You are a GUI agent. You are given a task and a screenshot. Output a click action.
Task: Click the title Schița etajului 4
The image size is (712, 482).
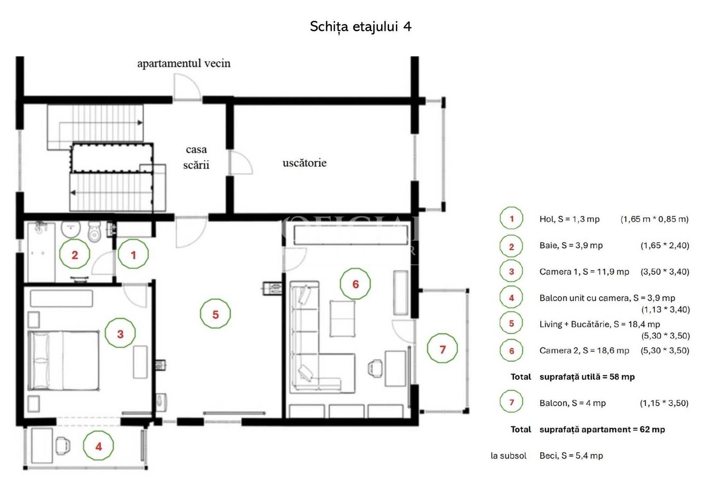(x=360, y=26)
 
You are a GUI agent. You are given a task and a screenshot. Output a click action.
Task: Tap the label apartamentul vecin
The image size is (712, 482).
(x=184, y=63)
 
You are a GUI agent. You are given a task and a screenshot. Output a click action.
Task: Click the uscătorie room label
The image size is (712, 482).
(x=304, y=163)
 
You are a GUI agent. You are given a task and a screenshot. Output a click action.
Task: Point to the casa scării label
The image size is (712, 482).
(x=196, y=157)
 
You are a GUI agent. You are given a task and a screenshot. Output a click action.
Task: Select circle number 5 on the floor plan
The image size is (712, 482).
(x=215, y=314)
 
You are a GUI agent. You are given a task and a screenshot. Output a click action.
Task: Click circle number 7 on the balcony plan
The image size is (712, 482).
(x=442, y=349)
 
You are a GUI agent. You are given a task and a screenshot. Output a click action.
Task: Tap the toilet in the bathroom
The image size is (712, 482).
(x=94, y=232)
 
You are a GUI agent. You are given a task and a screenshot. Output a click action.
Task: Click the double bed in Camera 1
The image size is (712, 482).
(x=63, y=361)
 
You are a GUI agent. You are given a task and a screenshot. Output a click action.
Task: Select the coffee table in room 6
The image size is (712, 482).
(x=343, y=318)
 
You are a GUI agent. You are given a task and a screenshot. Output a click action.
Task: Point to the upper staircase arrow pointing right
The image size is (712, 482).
(x=140, y=122)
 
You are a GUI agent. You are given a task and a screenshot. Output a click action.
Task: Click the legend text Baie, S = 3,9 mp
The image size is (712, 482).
(x=571, y=245)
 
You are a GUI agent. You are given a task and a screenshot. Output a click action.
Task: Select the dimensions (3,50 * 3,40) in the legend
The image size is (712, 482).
(x=665, y=272)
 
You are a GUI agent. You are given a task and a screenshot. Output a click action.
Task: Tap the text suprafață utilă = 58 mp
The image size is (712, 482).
(x=587, y=377)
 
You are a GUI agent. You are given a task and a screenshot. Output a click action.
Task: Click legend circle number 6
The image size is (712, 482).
(x=511, y=351)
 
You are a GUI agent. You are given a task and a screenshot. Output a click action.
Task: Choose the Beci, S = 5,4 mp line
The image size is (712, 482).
(x=571, y=456)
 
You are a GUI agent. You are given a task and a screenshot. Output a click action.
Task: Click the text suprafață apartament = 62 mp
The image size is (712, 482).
(x=602, y=429)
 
